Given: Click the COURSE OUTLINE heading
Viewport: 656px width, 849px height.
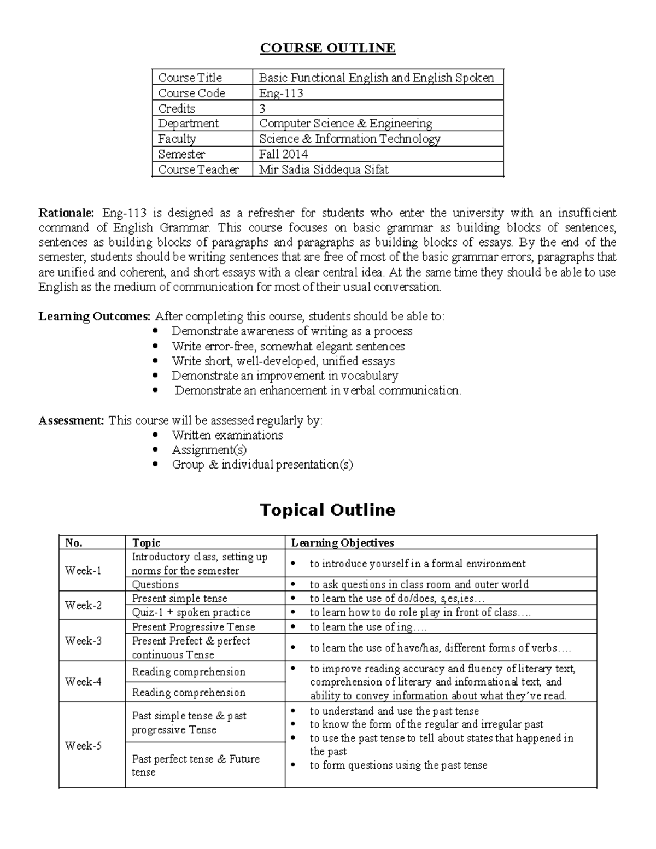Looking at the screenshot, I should (x=327, y=48).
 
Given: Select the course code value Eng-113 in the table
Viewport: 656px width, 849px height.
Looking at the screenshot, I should (x=281, y=93).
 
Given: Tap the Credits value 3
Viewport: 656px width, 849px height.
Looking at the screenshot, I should (x=262, y=108).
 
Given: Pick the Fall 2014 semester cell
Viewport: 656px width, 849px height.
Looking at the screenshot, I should (x=283, y=154).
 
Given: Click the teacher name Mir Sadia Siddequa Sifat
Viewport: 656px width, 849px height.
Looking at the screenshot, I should (x=324, y=169).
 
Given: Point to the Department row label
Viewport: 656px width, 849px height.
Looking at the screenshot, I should (x=188, y=124).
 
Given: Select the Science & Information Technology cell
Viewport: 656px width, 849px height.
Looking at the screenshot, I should (x=349, y=139).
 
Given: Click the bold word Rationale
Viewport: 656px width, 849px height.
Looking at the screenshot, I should (x=66, y=213).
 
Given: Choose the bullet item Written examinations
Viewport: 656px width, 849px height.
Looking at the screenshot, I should (x=227, y=435).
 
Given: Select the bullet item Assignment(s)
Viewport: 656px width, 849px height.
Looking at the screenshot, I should (x=209, y=450).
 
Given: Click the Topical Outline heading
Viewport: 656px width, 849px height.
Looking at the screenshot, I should (x=327, y=510).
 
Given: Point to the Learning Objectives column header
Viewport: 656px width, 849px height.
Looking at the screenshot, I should (x=342, y=543).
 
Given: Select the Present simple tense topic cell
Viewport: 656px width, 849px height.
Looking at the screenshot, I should (x=179, y=599).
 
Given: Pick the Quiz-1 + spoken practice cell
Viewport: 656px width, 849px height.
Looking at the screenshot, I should (x=191, y=612).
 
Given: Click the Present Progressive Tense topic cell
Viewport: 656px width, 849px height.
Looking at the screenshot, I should (x=193, y=627).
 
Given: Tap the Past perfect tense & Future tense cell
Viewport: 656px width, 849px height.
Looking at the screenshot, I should (x=195, y=765).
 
